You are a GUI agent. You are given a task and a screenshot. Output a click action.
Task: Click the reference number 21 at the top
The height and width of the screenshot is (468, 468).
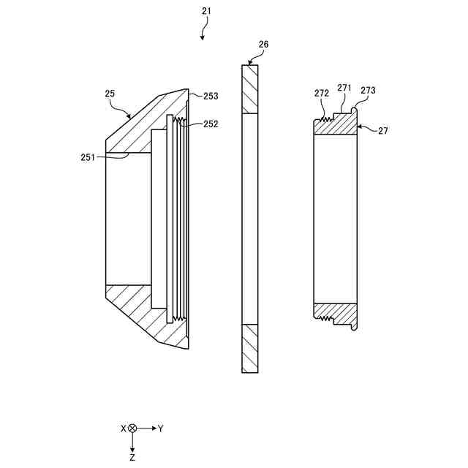coord(206,12)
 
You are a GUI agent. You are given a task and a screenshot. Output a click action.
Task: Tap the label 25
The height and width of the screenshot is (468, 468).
coord(110,94)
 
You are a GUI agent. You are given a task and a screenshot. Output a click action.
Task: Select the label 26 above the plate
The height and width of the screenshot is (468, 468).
coord(263,45)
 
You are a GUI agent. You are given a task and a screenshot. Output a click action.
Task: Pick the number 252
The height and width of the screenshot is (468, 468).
coord(211,124)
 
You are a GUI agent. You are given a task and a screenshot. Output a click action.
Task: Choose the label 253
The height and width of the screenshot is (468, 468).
coord(211,96)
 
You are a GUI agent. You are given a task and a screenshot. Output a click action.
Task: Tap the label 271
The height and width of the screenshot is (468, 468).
coord(344,88)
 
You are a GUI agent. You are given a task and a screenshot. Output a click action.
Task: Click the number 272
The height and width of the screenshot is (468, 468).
coord(322,93)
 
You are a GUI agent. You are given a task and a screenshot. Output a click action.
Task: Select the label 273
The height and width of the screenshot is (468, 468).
coord(368,91)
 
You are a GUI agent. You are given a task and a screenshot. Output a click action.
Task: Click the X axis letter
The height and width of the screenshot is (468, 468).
coord(123,429)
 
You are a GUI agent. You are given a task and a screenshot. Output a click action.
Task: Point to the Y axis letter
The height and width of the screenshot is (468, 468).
coord(160,429)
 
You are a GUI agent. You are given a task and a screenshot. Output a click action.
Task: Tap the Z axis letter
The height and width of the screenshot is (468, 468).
coord(132,457)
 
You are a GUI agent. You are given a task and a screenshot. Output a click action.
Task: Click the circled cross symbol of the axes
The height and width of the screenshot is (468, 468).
coord(132,429)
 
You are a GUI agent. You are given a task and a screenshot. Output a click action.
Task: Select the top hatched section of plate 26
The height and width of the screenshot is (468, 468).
coord(250,89)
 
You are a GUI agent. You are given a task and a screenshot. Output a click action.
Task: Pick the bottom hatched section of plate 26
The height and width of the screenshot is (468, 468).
coord(250,348)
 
